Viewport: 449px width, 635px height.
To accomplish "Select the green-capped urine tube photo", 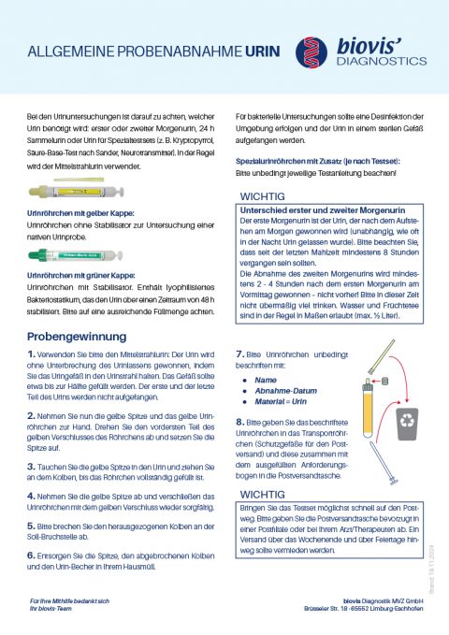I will [x=72, y=253].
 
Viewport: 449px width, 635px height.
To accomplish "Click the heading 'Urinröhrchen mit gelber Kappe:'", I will [x=80, y=214].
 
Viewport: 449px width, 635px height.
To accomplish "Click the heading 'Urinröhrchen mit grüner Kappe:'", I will [x=80, y=276].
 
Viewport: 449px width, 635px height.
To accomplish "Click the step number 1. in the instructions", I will [x=33, y=353].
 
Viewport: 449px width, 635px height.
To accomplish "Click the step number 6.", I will [x=33, y=555].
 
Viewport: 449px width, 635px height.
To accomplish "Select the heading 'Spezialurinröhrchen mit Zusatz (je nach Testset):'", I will [x=316, y=161].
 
